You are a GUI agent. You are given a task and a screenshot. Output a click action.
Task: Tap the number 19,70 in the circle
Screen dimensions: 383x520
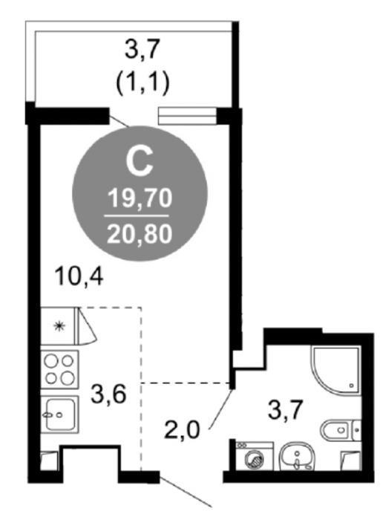140,199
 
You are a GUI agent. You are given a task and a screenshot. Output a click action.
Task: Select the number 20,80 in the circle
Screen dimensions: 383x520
140,233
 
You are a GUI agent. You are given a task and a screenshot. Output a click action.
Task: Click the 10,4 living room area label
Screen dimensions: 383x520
79,276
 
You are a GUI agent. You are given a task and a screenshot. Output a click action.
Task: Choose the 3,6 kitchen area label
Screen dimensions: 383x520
108,394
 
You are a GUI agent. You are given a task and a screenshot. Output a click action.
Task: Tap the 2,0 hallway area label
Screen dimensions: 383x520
183,429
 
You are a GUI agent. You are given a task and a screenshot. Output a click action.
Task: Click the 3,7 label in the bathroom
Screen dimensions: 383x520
286,410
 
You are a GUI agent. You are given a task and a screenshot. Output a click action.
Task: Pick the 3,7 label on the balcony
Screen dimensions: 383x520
143,49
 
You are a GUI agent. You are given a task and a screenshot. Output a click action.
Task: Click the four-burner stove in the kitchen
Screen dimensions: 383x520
59,369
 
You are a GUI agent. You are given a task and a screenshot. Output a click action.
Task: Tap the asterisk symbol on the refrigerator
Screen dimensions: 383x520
59,326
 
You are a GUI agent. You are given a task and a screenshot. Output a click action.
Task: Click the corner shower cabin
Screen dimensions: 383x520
335,369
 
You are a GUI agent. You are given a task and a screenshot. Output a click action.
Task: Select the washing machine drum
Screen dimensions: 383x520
255,461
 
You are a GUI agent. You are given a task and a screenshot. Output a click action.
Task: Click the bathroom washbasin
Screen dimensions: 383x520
297,457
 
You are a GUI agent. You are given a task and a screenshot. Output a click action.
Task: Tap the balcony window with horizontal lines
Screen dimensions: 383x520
188,116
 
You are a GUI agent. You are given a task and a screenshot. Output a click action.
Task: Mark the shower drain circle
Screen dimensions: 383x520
351,386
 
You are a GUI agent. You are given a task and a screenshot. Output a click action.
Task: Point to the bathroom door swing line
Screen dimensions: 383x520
220,409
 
